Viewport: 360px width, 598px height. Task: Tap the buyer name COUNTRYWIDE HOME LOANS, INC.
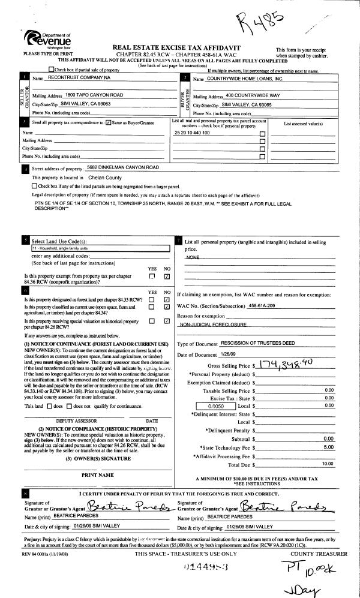[236, 79]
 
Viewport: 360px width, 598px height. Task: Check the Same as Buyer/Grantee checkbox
[108, 122]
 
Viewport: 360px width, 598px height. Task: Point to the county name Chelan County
[105, 178]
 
